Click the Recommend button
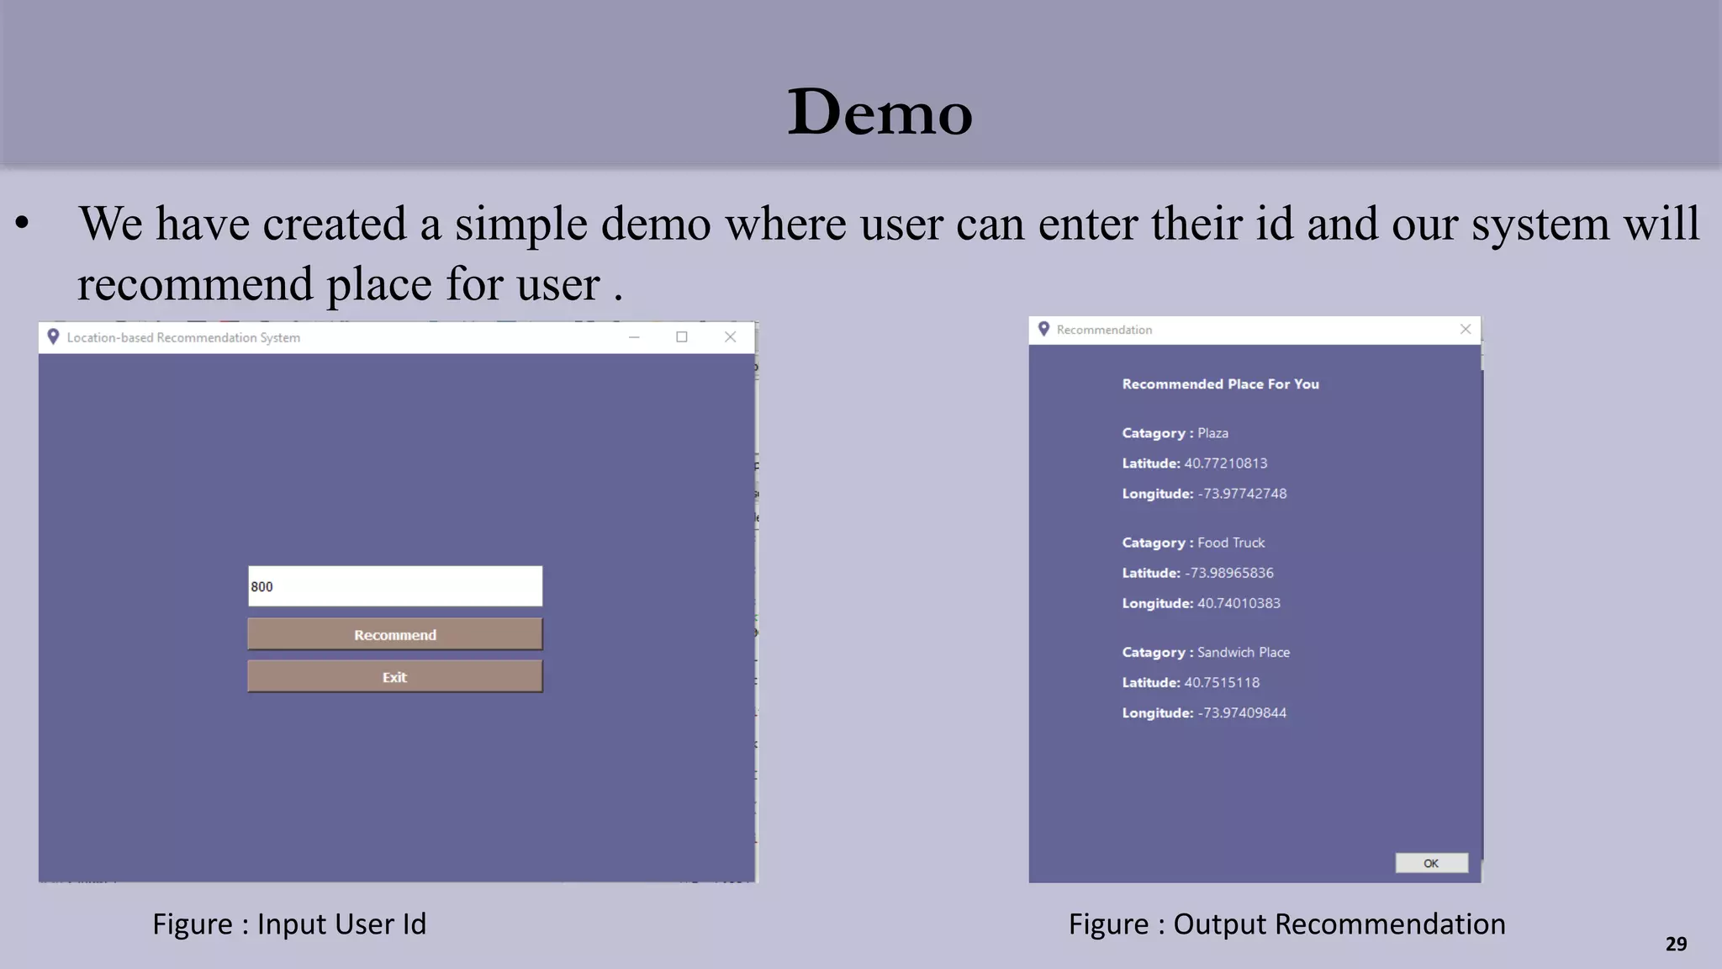point(395,634)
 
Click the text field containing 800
point(395,586)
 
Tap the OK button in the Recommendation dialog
point(1431,863)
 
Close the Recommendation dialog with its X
point(1466,329)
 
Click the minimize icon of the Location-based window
point(634,337)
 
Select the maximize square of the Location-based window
point(682,337)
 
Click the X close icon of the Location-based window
point(730,337)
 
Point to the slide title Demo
point(879,111)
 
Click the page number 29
point(1676,944)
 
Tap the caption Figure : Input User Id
point(289,924)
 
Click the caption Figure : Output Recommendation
point(1286,924)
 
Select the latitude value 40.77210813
point(1225,463)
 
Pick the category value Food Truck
point(1231,543)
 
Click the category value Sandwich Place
point(1243,652)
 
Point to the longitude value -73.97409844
point(1242,712)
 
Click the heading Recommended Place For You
point(1220,384)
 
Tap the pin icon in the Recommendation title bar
point(1043,329)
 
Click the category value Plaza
point(1212,433)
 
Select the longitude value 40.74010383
point(1239,603)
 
